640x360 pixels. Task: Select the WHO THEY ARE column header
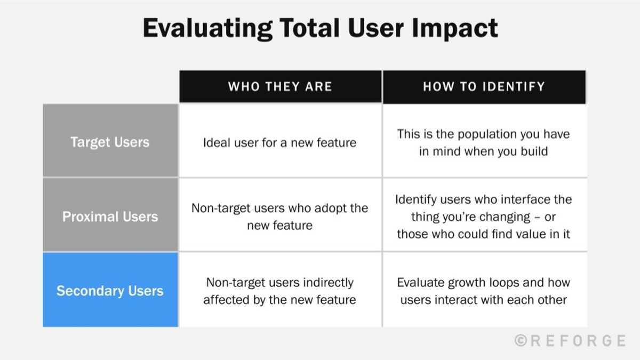click(x=280, y=86)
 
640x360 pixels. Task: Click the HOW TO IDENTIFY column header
click(x=484, y=86)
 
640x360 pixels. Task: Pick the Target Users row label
click(x=110, y=142)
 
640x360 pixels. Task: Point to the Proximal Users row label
click(x=110, y=217)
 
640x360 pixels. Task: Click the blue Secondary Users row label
click(x=110, y=291)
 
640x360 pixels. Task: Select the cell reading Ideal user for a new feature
click(x=280, y=143)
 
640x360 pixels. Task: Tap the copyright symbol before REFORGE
click(x=521, y=340)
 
